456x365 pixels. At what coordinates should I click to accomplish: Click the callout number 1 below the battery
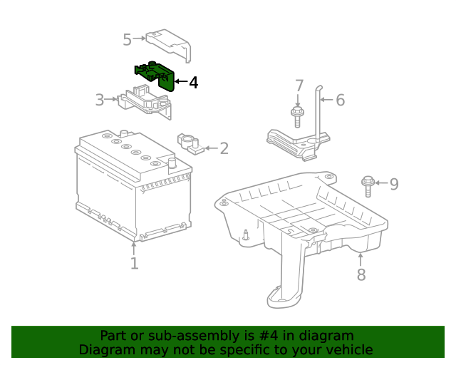[x=134, y=264]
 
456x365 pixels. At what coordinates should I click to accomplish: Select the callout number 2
[x=224, y=148]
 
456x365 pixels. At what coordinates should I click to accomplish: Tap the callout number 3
[x=100, y=100]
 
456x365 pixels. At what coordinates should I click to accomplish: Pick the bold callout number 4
[x=193, y=83]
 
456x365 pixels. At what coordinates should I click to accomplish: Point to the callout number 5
[x=127, y=40]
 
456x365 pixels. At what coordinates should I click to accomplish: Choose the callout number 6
[x=340, y=101]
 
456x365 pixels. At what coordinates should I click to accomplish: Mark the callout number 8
[x=361, y=274]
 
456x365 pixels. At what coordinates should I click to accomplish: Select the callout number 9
[x=393, y=185]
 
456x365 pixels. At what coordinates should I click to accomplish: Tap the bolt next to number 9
[x=368, y=185]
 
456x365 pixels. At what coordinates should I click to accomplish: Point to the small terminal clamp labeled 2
[x=190, y=143]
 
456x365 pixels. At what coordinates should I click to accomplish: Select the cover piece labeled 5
[x=170, y=41]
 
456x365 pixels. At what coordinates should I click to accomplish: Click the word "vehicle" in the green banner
[x=348, y=350]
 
